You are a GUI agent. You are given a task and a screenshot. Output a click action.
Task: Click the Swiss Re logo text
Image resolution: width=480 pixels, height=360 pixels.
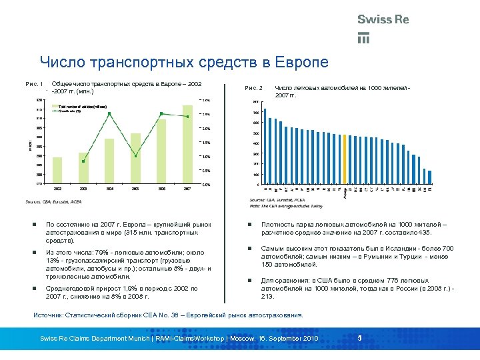coord(383,20)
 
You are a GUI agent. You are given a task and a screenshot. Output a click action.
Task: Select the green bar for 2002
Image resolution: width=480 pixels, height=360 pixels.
coord(57,170)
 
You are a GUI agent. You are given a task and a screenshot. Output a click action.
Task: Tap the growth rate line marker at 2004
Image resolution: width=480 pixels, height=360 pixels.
coord(109,114)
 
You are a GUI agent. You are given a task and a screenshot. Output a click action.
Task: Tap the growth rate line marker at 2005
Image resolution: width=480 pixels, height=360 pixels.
coord(135,156)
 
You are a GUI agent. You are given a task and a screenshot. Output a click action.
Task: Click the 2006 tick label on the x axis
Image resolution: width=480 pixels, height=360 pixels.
coord(161,189)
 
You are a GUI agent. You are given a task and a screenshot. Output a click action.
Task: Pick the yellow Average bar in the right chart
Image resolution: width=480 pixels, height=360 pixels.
coord(345,159)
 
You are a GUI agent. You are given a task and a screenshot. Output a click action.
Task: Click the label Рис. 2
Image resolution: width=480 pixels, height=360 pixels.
coord(255,88)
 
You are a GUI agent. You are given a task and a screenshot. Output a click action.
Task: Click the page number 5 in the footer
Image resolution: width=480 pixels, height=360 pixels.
coord(359,339)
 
